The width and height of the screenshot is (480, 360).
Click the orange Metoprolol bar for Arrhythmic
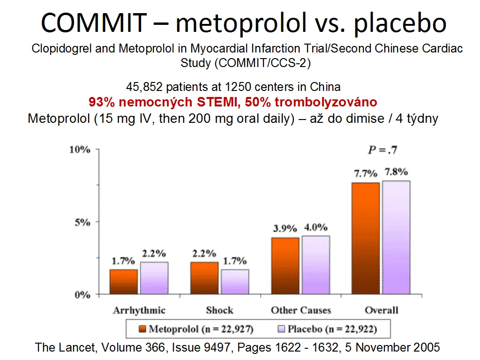click(x=124, y=282)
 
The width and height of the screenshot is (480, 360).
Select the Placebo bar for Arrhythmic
click(x=154, y=278)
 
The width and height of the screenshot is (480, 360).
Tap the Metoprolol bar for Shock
click(x=204, y=278)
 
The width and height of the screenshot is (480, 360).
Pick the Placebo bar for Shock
click(x=235, y=282)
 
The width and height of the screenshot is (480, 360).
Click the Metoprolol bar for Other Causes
click(x=285, y=266)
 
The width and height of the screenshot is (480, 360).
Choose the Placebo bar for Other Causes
click(x=316, y=265)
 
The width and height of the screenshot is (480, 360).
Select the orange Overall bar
click(x=366, y=239)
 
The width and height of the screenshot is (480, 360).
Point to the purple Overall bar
click(x=396, y=238)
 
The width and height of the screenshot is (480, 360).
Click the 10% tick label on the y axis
click(x=80, y=150)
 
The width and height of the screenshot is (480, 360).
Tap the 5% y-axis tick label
click(x=82, y=222)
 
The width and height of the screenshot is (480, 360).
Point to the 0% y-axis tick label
click(x=82, y=295)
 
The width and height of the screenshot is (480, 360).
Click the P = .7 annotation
click(x=382, y=150)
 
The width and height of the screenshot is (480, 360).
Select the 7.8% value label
click(x=397, y=172)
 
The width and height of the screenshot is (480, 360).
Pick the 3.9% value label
click(x=285, y=228)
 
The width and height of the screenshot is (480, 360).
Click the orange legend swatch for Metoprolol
click(x=142, y=329)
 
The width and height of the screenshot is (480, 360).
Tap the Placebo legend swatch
click(x=281, y=329)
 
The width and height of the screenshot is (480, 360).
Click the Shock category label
click(x=219, y=310)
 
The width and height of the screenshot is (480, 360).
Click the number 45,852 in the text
click(x=144, y=87)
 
